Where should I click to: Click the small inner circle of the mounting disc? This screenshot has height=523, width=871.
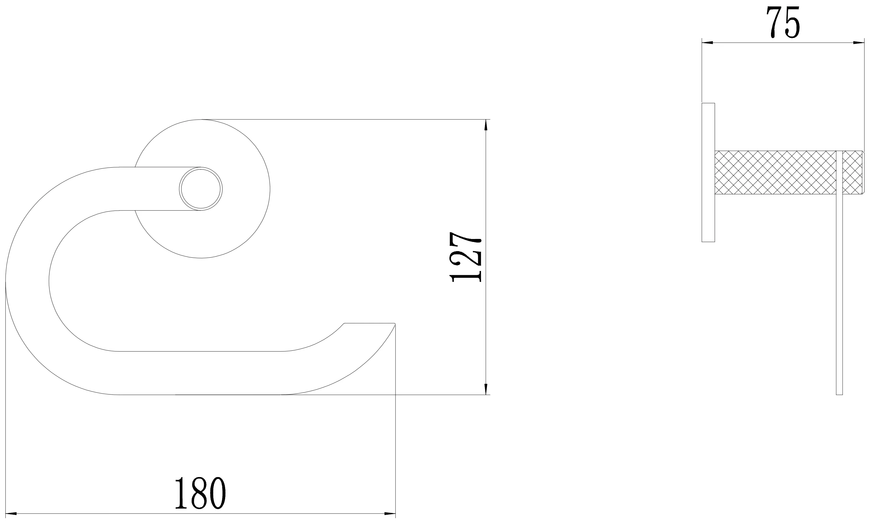point(201,189)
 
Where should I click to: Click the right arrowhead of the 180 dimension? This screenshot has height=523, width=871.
point(390,514)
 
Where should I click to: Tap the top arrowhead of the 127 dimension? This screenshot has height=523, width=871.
point(486,125)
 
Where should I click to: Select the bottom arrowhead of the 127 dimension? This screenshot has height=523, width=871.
point(486,389)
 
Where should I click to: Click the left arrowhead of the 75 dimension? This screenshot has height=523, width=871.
point(708,43)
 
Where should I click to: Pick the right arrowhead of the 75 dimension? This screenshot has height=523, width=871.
point(858,43)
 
